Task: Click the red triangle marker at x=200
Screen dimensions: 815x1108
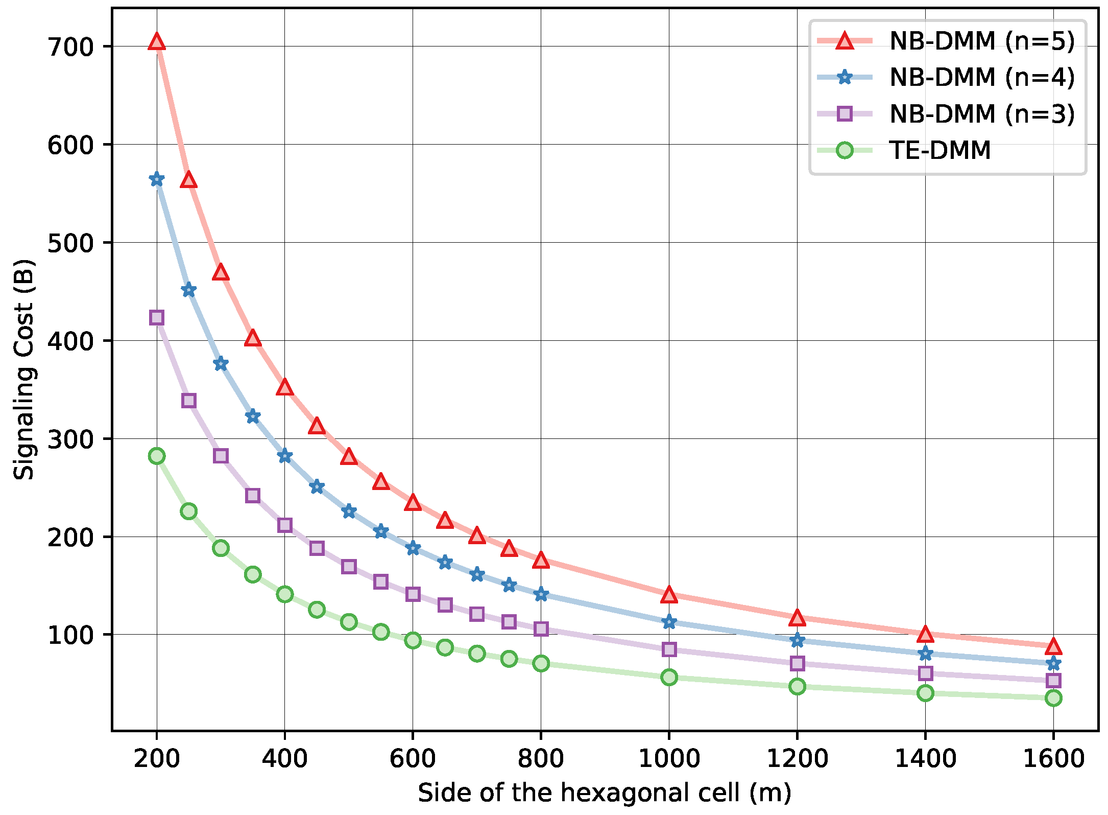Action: point(157,42)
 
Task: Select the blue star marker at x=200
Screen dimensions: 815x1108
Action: point(157,179)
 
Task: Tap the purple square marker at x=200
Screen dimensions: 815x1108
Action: point(157,317)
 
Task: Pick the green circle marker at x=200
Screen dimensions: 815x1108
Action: point(157,456)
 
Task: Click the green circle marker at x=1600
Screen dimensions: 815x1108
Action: point(1053,698)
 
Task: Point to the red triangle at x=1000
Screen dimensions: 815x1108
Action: point(669,595)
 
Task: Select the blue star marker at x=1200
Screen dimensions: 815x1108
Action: point(797,640)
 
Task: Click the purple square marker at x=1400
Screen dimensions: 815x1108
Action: point(925,673)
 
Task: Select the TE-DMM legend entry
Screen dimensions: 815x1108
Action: point(940,150)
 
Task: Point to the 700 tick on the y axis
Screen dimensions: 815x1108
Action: point(71,47)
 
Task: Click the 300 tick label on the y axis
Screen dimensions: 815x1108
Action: point(71,439)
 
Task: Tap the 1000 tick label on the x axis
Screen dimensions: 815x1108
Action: point(669,759)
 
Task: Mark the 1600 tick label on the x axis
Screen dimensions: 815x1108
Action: point(1053,759)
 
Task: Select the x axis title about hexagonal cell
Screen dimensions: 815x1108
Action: point(605,793)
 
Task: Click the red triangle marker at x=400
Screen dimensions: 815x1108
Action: point(285,387)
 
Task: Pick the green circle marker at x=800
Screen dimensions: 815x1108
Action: point(541,664)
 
